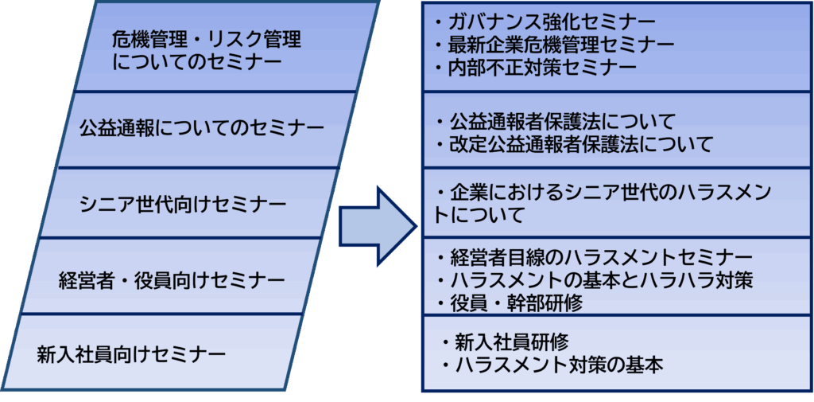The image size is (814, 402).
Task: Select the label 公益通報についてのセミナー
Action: (202, 128)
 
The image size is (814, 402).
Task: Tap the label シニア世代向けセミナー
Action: (183, 205)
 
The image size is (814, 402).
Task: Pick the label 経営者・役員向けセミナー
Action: (172, 279)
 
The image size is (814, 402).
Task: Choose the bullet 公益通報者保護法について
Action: (556, 122)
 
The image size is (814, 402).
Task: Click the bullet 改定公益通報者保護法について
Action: (575, 145)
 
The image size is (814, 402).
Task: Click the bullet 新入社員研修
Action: (505, 342)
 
